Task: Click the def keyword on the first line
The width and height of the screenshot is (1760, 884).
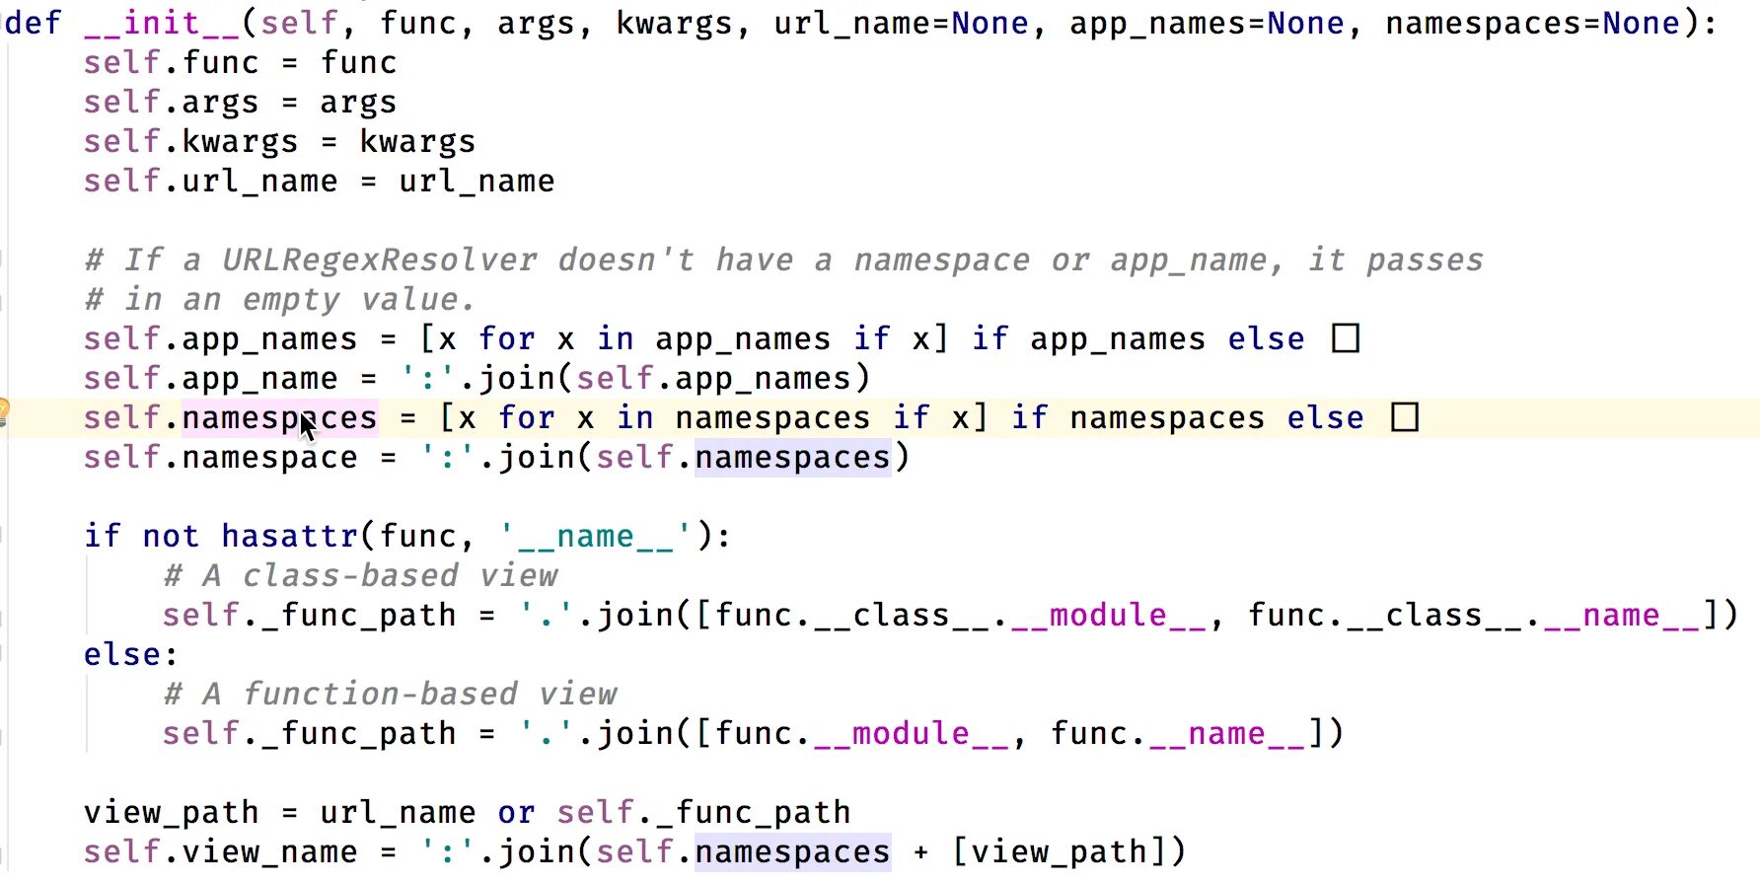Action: click(x=34, y=23)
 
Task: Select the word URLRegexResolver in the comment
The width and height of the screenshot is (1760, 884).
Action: click(x=379, y=260)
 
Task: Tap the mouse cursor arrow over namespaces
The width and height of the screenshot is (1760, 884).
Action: click(x=307, y=427)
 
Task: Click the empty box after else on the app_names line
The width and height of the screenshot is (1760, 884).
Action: click(x=1345, y=339)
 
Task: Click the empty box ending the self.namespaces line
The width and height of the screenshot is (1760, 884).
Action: click(x=1404, y=418)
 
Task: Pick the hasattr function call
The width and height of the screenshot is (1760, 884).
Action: click(x=289, y=537)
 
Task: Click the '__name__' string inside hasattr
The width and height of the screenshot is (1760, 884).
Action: click(x=596, y=537)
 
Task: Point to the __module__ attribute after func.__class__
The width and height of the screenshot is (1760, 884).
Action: click(x=1108, y=616)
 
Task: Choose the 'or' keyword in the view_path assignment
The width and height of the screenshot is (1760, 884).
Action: click(x=516, y=813)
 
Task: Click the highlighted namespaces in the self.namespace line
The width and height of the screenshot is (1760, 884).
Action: click(x=792, y=458)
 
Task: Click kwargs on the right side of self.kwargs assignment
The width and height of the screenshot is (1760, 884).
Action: click(x=417, y=142)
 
